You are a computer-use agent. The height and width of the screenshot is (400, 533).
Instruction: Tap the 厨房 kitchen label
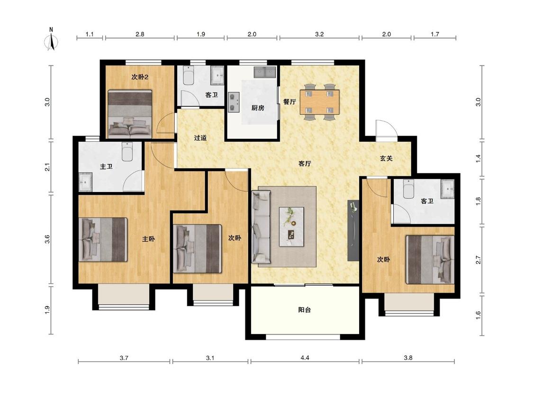pyautogui.click(x=258, y=108)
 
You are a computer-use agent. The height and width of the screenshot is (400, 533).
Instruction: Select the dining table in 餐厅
pyautogui.click(x=319, y=102)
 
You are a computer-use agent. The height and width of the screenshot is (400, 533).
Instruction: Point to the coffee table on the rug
pyautogui.click(x=291, y=227)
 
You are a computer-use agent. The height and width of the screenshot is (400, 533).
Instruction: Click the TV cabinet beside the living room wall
pyautogui.click(x=353, y=231)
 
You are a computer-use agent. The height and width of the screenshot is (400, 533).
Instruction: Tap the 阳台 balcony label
pyautogui.click(x=304, y=310)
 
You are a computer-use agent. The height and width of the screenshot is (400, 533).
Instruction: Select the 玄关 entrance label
pyautogui.click(x=386, y=158)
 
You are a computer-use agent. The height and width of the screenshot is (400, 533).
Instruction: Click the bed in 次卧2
pyautogui.click(x=129, y=113)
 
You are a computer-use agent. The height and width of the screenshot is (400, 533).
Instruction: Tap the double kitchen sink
pyautogui.click(x=264, y=72)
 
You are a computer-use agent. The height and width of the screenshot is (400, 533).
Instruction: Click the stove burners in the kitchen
pyautogui.click(x=233, y=102)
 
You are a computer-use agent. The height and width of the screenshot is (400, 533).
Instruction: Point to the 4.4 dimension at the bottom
pyautogui.click(x=305, y=357)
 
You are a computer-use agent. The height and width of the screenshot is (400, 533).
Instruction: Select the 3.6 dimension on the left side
pyautogui.click(x=47, y=239)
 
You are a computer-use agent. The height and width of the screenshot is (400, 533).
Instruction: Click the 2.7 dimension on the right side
pyautogui.click(x=478, y=260)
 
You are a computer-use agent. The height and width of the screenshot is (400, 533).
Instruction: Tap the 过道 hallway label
pyautogui.click(x=200, y=138)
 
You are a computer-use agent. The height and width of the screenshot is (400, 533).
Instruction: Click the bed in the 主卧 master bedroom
pyautogui.click(x=103, y=239)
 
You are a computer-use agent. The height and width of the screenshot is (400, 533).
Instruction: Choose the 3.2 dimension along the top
pyautogui.click(x=319, y=34)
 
